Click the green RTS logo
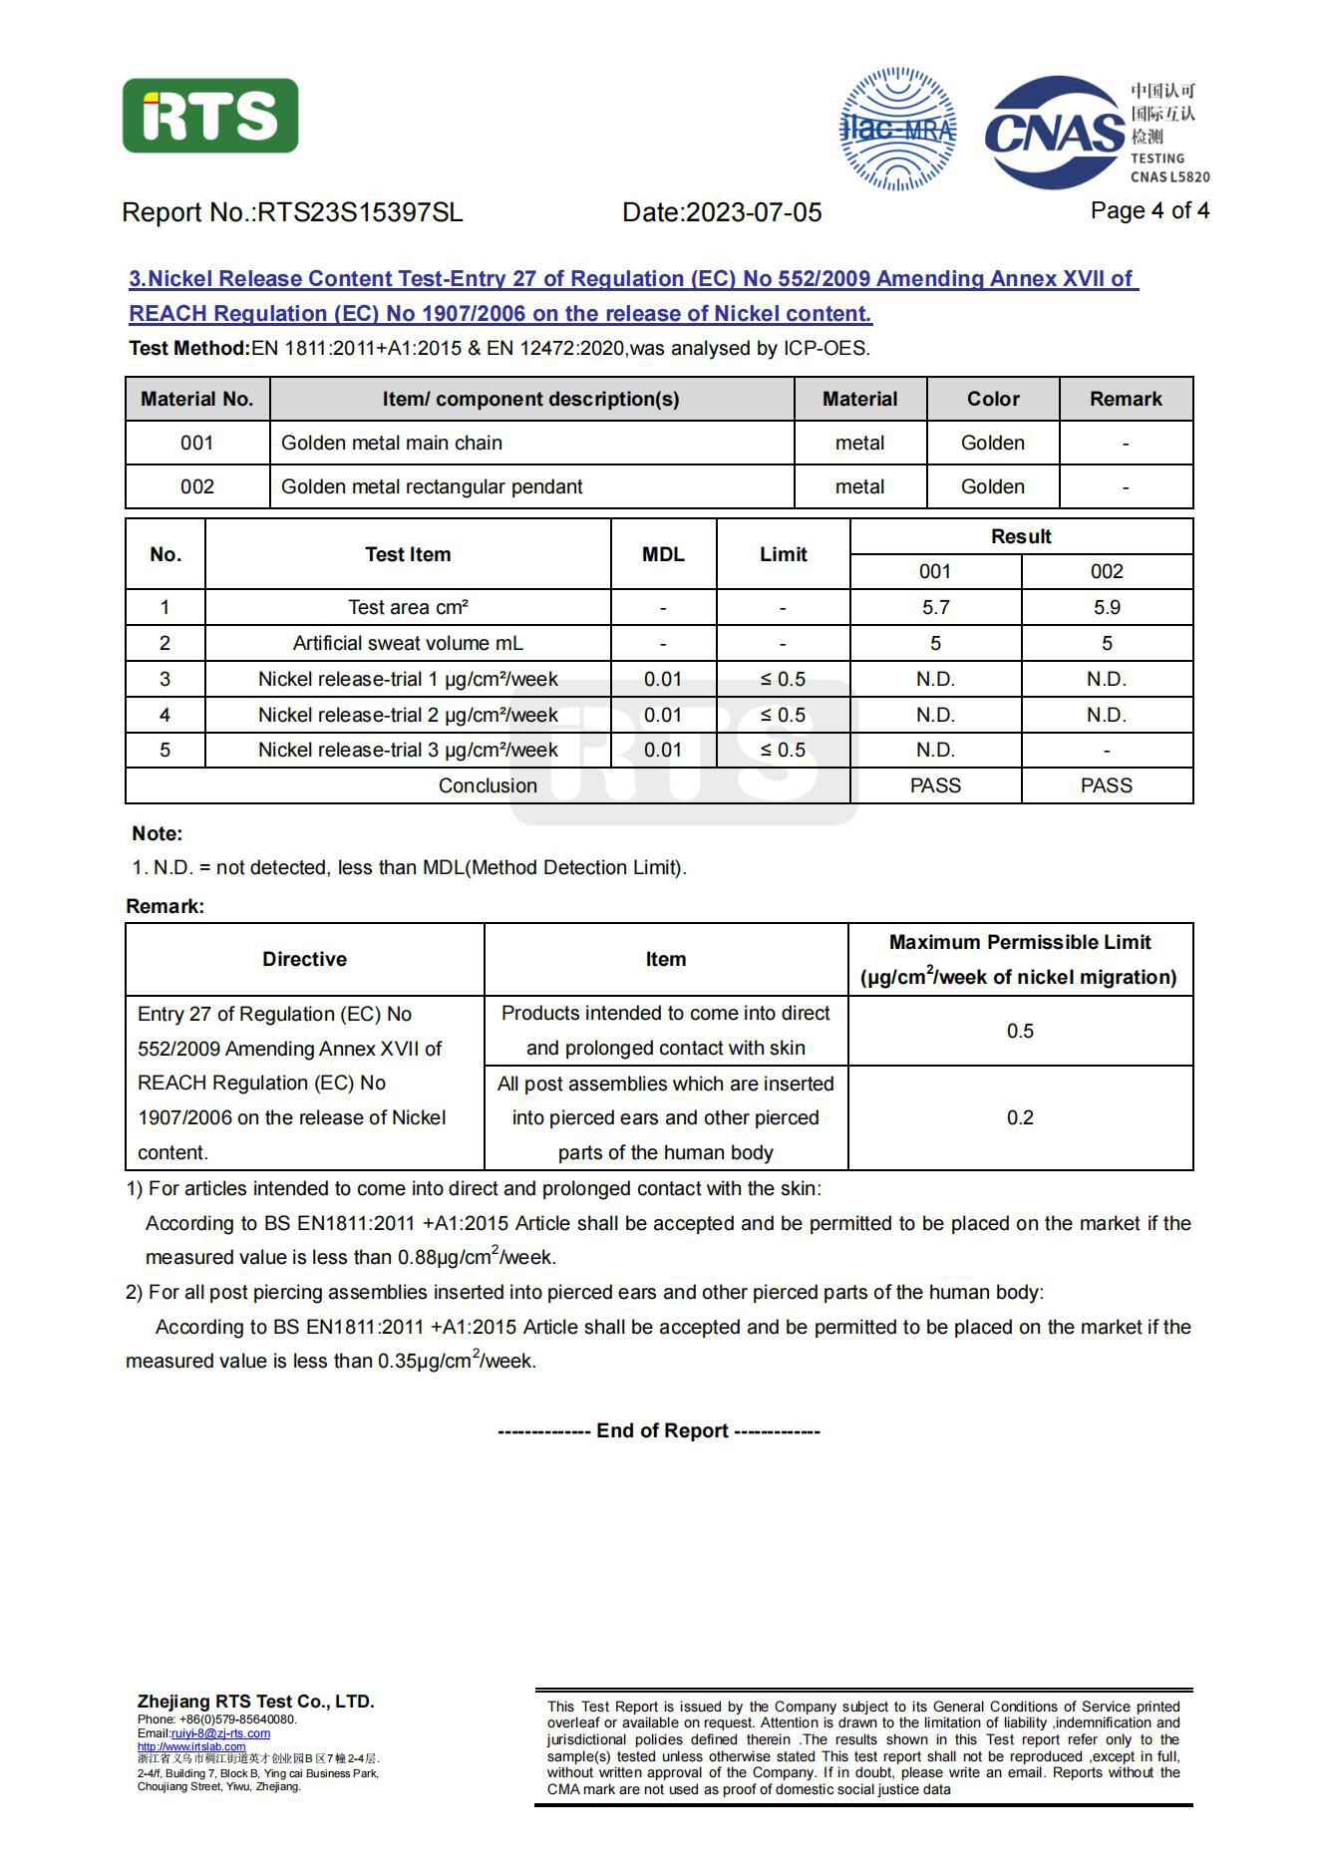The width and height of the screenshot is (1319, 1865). pyautogui.click(x=210, y=117)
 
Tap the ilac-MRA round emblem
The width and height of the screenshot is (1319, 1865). pyautogui.click(x=898, y=130)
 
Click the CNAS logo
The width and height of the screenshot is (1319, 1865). pyautogui.click(x=1055, y=133)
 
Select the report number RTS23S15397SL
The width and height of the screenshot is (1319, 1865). pyautogui.click(x=360, y=212)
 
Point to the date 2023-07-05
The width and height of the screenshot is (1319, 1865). pyautogui.click(x=754, y=212)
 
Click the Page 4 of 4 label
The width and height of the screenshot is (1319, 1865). pyautogui.click(x=1150, y=210)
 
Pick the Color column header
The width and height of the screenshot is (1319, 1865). pyautogui.click(x=993, y=399)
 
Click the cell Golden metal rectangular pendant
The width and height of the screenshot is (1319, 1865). pyautogui.click(x=432, y=486)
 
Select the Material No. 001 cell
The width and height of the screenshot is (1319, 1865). pyautogui.click(x=196, y=443)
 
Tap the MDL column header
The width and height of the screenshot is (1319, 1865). pyautogui.click(x=663, y=554)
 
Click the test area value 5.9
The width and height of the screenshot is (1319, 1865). pyautogui.click(x=1107, y=607)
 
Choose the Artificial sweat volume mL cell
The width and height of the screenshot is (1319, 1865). pyautogui.click(x=408, y=643)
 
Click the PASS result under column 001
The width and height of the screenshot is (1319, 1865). pyautogui.click(x=935, y=785)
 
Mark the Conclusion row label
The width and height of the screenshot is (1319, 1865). pyautogui.click(x=488, y=785)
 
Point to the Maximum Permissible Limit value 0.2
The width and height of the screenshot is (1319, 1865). pyautogui.click(x=1020, y=1117)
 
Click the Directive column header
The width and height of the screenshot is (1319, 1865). pyautogui.click(x=304, y=959)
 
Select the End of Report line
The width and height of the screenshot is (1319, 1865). pyautogui.click(x=659, y=1430)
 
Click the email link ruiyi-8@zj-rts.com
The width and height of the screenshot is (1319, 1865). pyautogui.click(x=220, y=1733)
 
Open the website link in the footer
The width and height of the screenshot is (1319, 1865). pyautogui.click(x=191, y=1746)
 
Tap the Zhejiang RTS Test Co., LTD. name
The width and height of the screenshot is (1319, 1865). pyautogui.click(x=256, y=1702)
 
